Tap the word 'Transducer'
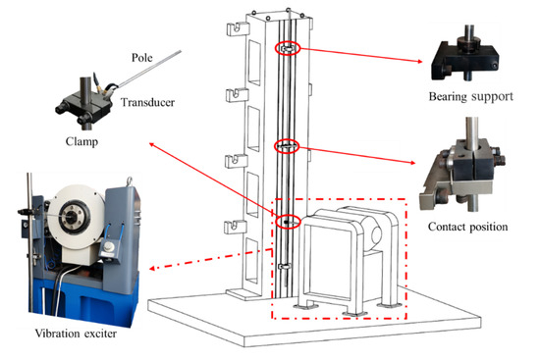click(146, 100)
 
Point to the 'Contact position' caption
click(466, 227)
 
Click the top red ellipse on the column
click(285, 49)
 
